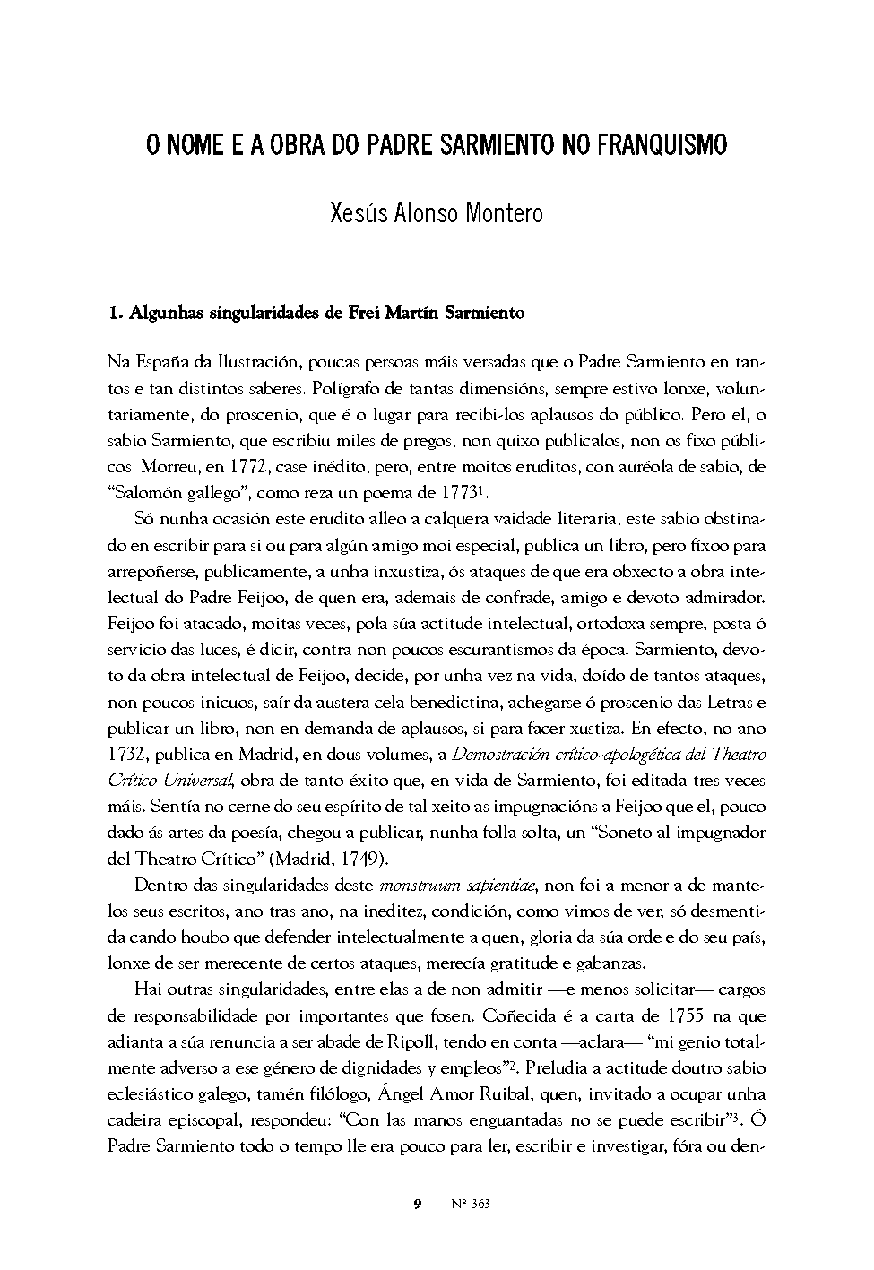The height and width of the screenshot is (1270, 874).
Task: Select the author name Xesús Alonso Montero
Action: pos(437,215)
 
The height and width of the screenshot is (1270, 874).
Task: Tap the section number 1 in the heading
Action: pos(112,314)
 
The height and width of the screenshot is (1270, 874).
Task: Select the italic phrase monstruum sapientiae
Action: pos(457,886)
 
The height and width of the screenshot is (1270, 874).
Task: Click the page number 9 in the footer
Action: pos(418,1204)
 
